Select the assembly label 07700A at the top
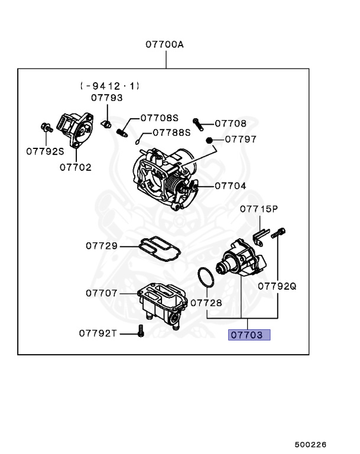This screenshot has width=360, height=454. (x=166, y=44)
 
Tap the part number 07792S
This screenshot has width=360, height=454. (x=45, y=151)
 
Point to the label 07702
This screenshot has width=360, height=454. (x=75, y=167)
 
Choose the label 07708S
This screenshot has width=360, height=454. (x=159, y=118)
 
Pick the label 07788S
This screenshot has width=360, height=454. (x=172, y=132)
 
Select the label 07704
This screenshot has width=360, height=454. (x=231, y=185)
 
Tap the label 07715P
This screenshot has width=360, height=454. (x=258, y=209)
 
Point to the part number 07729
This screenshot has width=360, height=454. (x=101, y=246)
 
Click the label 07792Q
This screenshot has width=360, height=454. (x=277, y=286)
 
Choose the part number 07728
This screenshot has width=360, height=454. (x=206, y=301)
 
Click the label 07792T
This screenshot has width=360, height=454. (x=99, y=333)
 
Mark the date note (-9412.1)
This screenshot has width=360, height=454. (x=110, y=86)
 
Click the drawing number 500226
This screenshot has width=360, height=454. (x=310, y=444)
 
